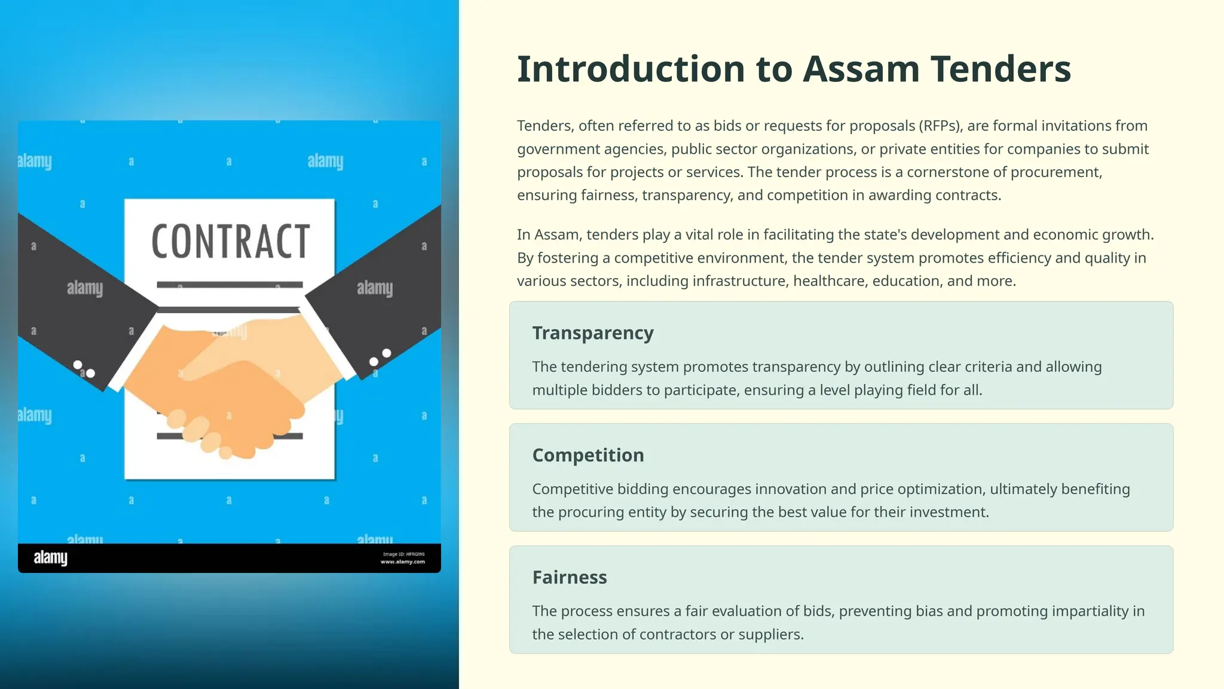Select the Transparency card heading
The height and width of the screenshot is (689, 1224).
tap(593, 333)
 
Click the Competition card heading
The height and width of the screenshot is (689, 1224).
tap(588, 455)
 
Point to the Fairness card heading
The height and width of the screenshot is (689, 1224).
tap(570, 577)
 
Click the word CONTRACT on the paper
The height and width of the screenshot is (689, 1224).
tap(230, 242)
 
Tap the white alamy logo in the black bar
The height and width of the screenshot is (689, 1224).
tap(51, 558)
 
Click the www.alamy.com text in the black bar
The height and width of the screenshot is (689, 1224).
tap(403, 562)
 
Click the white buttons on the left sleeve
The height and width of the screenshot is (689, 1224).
tap(84, 369)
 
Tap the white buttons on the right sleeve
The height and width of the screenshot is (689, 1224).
tap(380, 357)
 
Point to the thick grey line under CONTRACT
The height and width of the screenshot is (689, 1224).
tap(230, 285)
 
